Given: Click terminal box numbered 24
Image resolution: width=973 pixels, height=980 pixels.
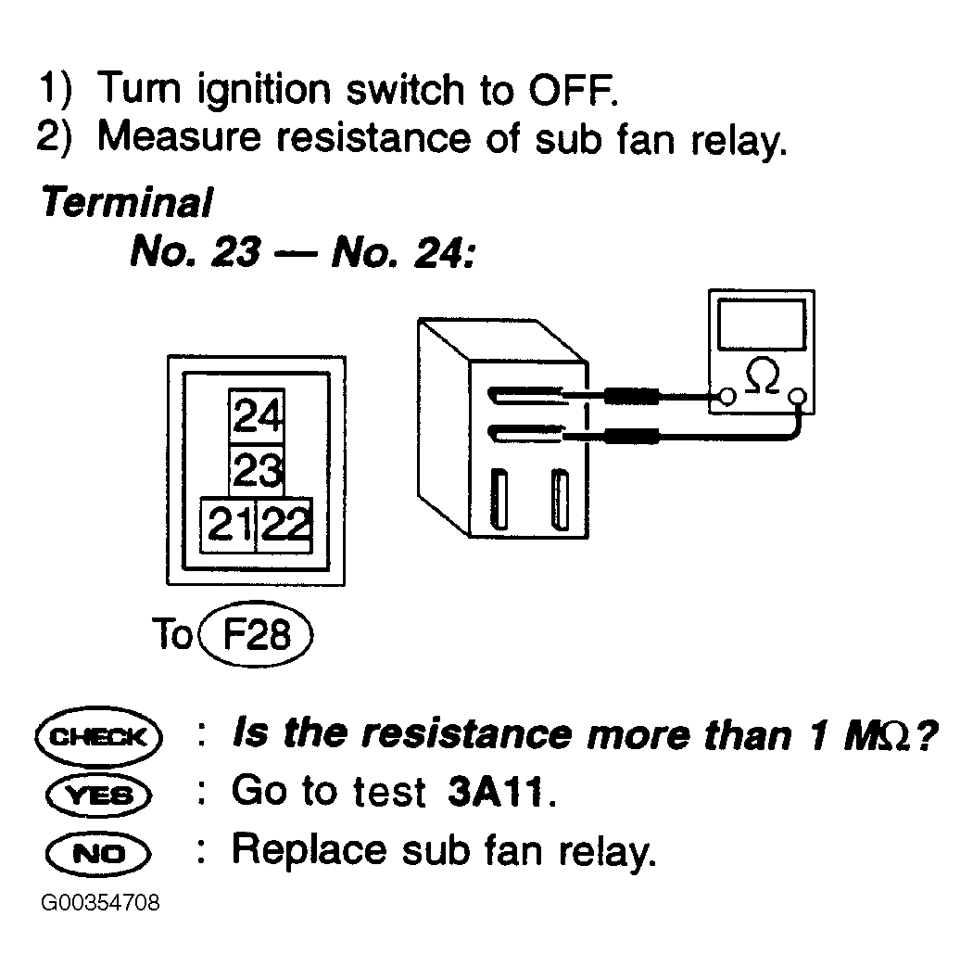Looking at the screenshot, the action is point(257,415).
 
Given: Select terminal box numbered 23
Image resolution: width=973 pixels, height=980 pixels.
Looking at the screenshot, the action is point(257,471).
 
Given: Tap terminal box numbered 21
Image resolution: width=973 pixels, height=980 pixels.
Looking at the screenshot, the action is point(228,525).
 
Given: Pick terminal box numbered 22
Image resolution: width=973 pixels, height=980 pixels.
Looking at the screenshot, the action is point(284,525).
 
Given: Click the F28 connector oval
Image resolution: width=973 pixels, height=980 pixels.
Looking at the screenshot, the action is point(256,634).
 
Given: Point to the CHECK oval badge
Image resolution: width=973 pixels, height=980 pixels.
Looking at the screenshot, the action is point(98,737).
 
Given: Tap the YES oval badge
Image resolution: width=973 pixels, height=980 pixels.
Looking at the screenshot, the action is point(98,795).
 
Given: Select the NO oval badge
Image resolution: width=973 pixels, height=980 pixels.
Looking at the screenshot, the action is point(98,853).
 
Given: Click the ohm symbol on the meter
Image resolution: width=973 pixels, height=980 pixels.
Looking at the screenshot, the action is point(763,375).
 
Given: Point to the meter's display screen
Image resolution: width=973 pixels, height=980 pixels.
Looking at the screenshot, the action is point(762,325).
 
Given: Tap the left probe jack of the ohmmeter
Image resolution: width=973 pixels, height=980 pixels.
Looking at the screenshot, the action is point(727,396).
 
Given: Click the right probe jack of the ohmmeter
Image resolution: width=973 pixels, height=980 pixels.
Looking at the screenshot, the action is point(798,396).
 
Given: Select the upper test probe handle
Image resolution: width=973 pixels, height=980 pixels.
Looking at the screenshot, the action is point(632,396).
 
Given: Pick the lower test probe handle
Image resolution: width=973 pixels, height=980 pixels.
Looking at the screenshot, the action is point(632,436).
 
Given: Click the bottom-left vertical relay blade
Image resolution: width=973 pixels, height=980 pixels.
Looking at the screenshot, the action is point(499,499).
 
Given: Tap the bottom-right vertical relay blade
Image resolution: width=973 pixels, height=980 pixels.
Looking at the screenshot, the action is point(561,499).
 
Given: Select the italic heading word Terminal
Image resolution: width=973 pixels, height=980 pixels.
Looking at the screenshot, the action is point(127,202).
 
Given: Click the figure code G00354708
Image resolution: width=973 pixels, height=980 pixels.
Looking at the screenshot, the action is point(101,903).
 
